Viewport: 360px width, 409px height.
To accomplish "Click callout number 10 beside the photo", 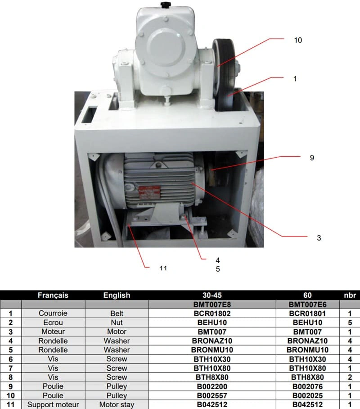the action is [298, 40].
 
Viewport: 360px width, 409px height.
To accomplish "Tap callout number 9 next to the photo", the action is [312, 158].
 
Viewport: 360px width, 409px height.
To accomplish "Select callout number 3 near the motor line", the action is [319, 238].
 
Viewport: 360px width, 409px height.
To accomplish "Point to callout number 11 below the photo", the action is [163, 268].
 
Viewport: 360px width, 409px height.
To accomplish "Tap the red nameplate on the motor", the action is [149, 193].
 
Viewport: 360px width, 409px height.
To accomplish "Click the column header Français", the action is [53, 295].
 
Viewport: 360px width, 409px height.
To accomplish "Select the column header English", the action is [117, 295].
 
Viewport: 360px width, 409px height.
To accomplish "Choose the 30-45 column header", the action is [212, 295].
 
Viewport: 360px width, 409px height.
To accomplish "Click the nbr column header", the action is [350, 295].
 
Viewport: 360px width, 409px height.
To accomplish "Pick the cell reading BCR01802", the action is [212, 314].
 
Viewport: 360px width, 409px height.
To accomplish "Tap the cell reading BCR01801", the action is [308, 314].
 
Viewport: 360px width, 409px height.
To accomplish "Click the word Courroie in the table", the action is [53, 313].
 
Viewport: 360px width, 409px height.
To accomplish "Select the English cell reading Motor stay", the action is [117, 404].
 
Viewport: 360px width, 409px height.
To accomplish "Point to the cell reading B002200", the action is [212, 386].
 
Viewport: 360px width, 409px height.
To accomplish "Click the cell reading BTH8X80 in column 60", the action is [308, 377].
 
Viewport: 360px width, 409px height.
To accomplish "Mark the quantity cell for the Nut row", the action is [350, 323].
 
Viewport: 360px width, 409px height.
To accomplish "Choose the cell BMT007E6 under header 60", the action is [308, 304].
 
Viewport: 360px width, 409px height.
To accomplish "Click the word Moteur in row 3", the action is [53, 332].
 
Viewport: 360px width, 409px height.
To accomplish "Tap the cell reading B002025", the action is [308, 395].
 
